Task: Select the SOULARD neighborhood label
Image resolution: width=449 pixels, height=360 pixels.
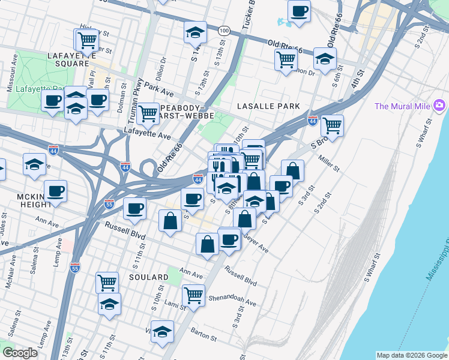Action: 148,277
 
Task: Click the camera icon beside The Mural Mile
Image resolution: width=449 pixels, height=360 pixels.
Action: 440,106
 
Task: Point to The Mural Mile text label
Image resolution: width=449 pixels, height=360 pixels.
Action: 402,107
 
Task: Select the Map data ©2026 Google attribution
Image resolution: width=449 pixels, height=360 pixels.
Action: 411,355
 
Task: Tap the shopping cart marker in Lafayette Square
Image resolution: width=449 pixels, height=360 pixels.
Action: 86,41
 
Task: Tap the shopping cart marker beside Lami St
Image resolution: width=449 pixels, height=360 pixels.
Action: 193,295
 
